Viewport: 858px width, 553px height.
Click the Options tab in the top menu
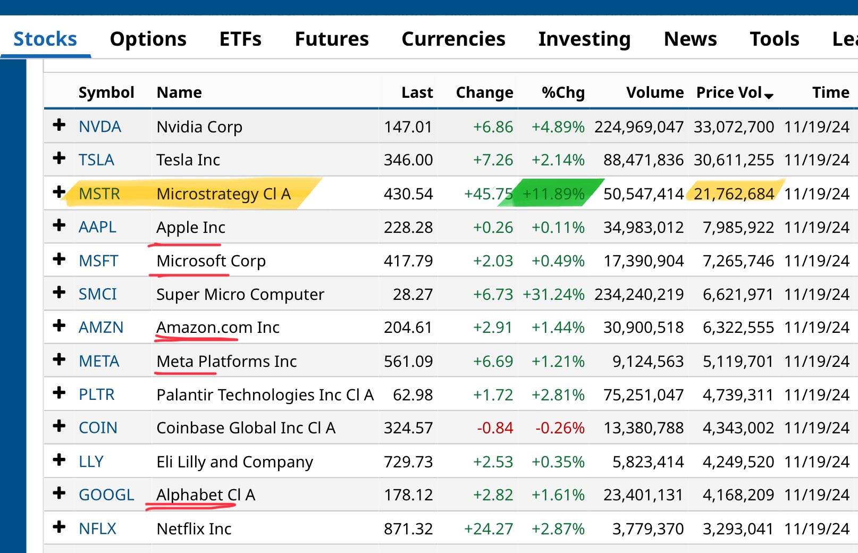tap(148, 39)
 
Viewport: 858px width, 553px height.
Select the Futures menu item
tap(331, 39)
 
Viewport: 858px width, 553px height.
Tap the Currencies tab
tap(453, 39)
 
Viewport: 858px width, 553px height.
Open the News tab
tap(690, 39)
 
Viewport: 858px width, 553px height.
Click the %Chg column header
tap(562, 93)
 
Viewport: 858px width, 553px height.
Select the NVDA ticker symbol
tap(100, 127)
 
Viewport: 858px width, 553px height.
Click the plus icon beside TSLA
tap(59, 158)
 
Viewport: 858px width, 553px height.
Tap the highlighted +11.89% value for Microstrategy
tap(553, 194)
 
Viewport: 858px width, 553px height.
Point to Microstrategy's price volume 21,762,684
tap(734, 194)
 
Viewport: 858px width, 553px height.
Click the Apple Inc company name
tap(190, 228)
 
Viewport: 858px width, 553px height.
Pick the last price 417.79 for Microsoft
tap(408, 261)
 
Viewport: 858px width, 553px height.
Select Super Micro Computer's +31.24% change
tap(553, 295)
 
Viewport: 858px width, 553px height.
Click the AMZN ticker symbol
tap(101, 328)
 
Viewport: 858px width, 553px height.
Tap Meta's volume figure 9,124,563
tap(647, 362)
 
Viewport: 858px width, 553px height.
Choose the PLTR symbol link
tap(97, 395)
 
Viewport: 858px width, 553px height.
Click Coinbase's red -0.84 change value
tap(495, 428)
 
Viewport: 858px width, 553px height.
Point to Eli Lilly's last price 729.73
tap(408, 462)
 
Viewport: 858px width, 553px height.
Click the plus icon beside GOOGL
tap(59, 493)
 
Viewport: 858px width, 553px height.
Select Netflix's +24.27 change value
tap(488, 529)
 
